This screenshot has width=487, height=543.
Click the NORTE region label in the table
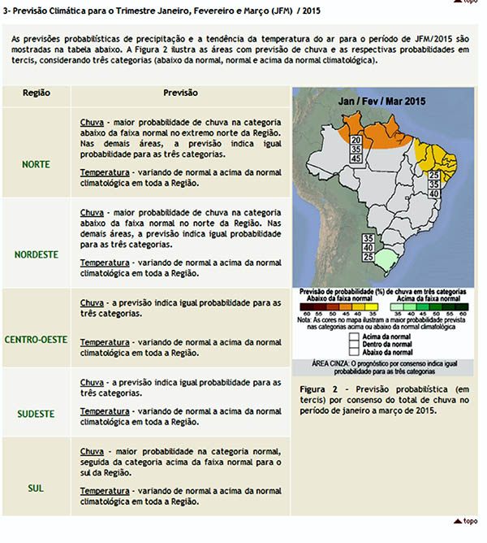[x=37, y=164]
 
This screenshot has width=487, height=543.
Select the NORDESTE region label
[x=37, y=254]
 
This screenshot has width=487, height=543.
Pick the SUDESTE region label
[x=37, y=414]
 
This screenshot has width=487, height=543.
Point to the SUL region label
[x=37, y=488]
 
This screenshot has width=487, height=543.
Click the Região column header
[x=37, y=93]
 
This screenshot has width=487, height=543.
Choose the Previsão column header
[x=179, y=93]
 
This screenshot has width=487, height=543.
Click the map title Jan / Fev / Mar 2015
[x=381, y=102]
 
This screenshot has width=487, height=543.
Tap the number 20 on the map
[x=356, y=140]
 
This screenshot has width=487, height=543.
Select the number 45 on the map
[x=356, y=159]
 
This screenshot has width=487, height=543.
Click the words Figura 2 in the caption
[x=317, y=389]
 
